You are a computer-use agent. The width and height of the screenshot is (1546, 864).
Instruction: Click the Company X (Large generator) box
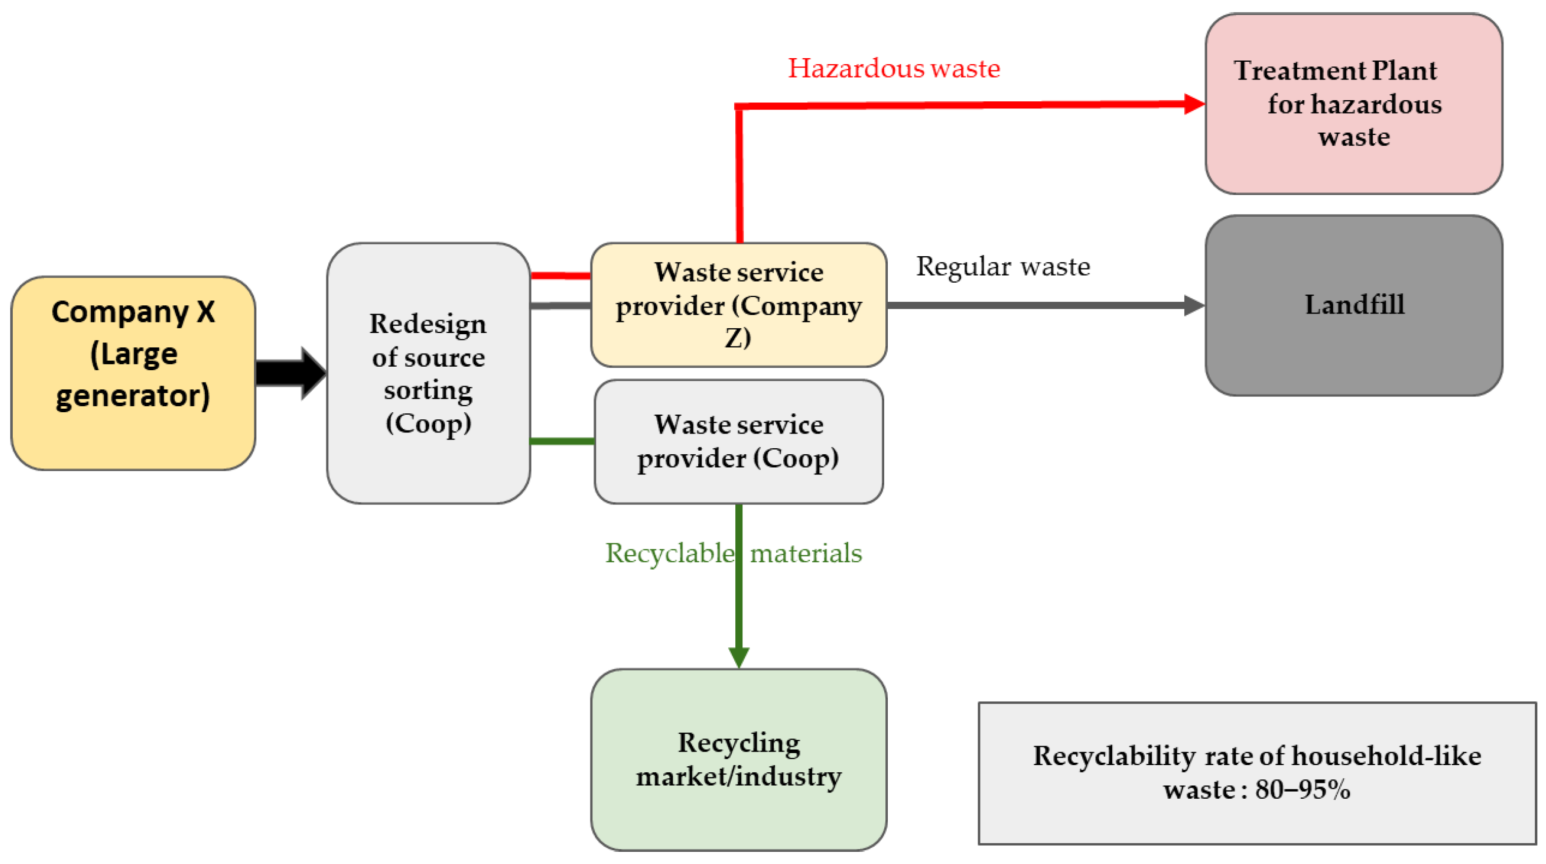point(133,373)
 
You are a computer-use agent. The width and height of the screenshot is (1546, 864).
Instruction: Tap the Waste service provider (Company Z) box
point(739,305)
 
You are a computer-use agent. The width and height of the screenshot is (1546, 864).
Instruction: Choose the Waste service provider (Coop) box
point(739,442)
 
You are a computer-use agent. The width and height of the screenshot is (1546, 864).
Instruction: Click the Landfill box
point(1354,305)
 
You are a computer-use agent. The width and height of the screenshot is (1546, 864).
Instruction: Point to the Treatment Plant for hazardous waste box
point(1354,104)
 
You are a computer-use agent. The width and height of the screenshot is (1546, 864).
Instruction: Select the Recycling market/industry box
point(739,760)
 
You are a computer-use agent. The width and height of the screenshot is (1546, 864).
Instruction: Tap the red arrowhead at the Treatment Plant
point(1194,104)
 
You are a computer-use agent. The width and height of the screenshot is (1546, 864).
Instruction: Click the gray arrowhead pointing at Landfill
point(1194,305)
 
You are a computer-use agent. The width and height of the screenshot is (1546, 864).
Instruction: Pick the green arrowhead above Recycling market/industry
point(739,657)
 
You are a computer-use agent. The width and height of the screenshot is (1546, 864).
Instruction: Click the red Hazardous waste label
point(894,68)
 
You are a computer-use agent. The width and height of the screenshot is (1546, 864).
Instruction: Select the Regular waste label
point(1002,266)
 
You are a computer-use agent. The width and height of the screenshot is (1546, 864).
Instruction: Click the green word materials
point(806,553)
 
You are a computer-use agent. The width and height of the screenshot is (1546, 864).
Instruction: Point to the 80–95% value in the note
point(1302,790)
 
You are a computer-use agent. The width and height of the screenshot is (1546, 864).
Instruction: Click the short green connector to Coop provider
point(562,442)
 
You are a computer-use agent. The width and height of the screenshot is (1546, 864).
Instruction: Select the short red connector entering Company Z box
point(560,276)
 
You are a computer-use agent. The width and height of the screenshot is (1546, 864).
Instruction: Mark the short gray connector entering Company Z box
point(560,306)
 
